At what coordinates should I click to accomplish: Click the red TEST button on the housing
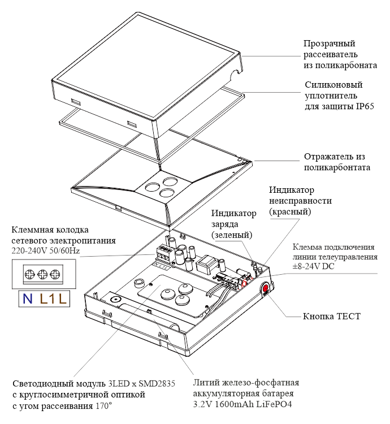click(265, 288)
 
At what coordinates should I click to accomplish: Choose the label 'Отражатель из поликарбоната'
click(337, 162)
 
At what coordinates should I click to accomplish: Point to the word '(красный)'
click(290, 211)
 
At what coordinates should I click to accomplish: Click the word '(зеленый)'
click(232, 234)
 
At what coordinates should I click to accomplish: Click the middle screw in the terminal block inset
click(41, 275)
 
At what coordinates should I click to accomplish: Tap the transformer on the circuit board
click(205, 264)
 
